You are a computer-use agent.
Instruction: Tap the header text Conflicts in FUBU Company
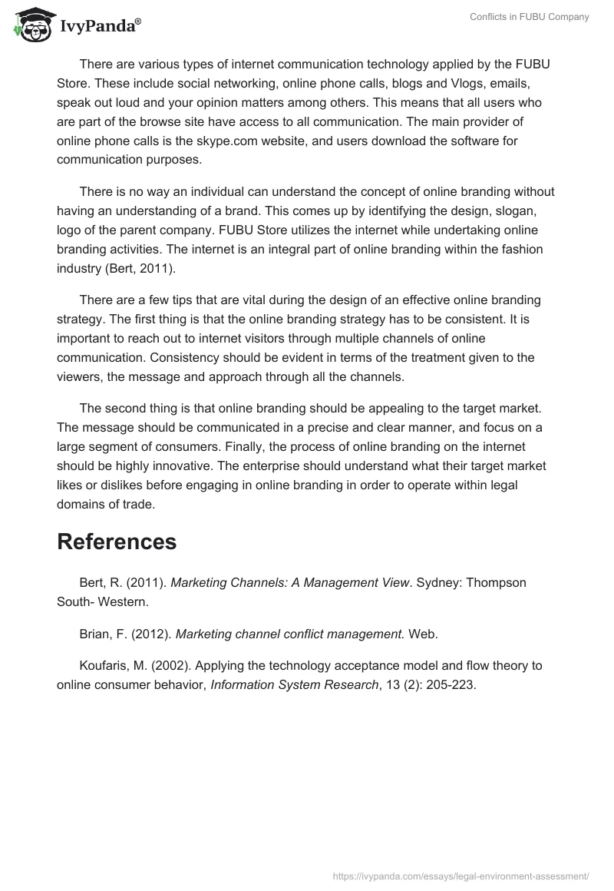click(530, 17)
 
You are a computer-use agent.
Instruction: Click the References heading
click(117, 542)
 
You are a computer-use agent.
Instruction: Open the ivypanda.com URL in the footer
click(461, 875)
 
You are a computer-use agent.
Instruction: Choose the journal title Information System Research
click(295, 685)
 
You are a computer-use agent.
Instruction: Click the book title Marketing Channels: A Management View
click(289, 582)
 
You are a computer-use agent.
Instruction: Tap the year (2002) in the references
click(163, 665)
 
